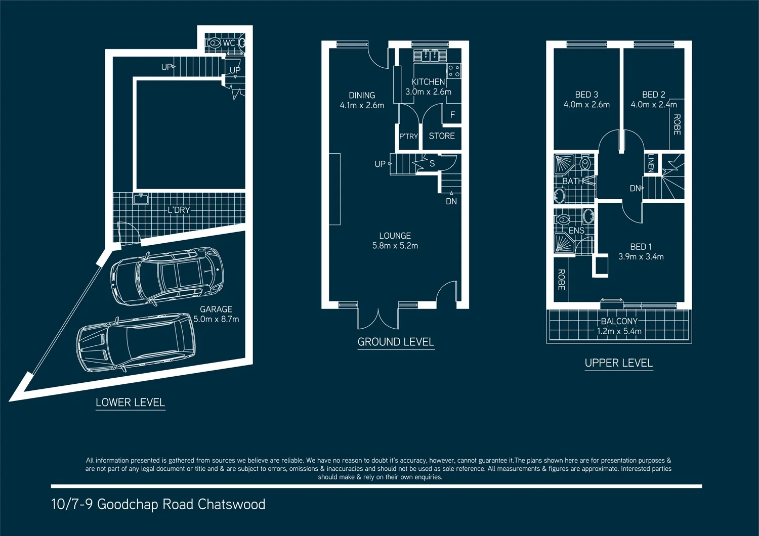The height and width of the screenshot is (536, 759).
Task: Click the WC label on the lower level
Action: point(229,43)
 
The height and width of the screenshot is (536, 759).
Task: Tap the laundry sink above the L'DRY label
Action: point(141,199)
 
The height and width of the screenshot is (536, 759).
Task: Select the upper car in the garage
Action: point(167,276)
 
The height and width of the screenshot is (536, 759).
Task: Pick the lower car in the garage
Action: point(136,344)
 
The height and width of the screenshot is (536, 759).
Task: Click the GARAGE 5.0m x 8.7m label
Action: point(216,314)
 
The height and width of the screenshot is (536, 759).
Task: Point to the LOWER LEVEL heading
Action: point(131,403)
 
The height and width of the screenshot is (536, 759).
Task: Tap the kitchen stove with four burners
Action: point(453,71)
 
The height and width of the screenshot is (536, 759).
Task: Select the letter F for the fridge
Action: point(452,115)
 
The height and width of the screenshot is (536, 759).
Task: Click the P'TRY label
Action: point(408,137)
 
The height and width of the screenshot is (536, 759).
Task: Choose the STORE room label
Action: point(442,136)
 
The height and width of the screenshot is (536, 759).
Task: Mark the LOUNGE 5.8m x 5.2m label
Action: point(395,241)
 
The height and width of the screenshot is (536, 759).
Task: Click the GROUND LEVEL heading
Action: point(396,342)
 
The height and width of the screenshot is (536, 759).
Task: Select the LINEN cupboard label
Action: point(651,163)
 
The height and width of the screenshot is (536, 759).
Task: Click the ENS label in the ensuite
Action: point(576,231)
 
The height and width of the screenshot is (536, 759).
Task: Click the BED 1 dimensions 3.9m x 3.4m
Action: point(641,257)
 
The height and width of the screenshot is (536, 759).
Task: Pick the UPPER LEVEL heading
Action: point(618,363)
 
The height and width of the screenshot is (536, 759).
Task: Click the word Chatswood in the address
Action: point(231,505)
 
